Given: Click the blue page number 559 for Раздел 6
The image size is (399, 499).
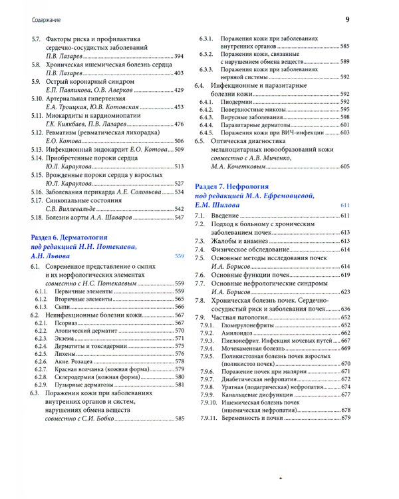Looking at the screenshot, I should click(x=178, y=256).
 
